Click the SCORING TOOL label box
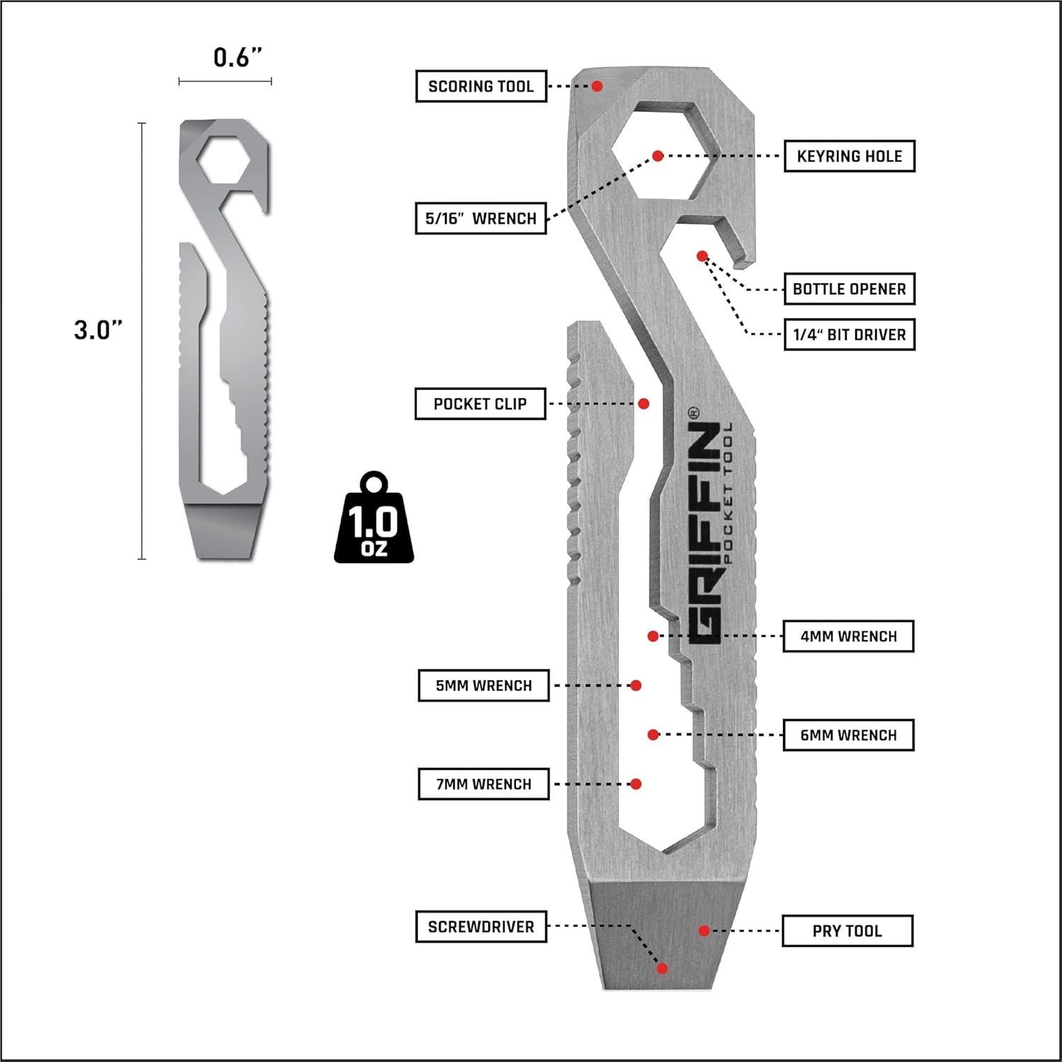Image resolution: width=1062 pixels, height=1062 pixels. point(481,86)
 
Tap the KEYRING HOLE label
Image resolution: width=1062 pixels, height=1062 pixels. point(850,156)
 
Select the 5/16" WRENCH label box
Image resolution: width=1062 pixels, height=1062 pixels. point(481,218)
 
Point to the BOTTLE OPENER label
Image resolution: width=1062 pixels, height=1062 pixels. point(850,289)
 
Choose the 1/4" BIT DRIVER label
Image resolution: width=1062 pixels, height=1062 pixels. point(850,335)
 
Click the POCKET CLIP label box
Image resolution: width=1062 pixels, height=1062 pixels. point(480,404)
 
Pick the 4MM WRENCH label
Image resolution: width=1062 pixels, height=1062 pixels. point(848,636)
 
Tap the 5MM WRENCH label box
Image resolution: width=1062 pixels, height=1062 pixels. point(484,685)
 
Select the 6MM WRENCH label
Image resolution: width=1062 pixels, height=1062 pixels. point(848,735)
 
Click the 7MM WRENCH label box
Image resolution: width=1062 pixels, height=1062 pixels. point(484,784)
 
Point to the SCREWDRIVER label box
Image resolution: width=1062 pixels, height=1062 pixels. point(481,927)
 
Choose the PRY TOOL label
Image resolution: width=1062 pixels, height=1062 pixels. point(847,930)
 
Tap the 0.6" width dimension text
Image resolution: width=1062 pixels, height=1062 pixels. point(233,57)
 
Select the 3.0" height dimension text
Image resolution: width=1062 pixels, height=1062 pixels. point(98,329)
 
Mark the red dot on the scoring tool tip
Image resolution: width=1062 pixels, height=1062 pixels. point(597,86)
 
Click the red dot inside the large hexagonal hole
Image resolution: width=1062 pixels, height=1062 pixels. point(658,156)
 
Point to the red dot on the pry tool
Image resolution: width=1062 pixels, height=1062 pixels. point(704,930)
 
